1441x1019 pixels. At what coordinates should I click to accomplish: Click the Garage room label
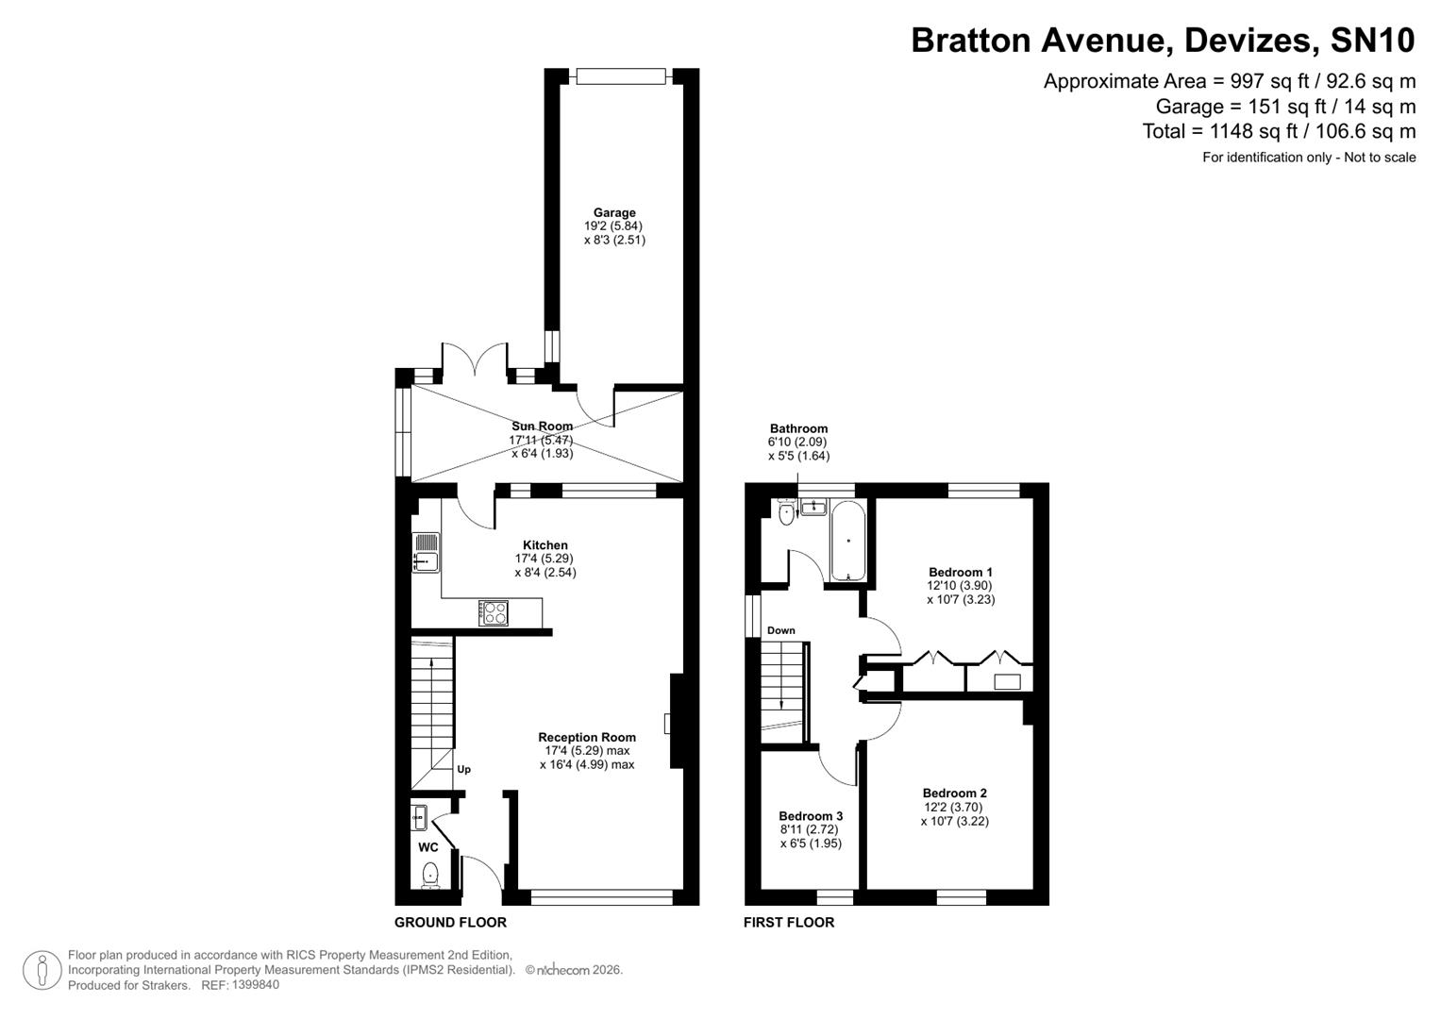(614, 213)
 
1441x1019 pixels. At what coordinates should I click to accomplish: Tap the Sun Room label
(542, 426)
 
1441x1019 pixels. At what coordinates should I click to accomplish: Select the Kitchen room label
(545, 545)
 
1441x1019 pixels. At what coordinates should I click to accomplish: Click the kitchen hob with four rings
(494, 612)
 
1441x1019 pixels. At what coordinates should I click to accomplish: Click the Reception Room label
(587, 738)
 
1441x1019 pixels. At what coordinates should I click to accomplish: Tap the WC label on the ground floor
(428, 847)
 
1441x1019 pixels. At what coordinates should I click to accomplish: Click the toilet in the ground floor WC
(430, 875)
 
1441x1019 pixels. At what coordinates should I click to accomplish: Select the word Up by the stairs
(463, 770)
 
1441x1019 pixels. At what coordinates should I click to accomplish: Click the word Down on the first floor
(780, 630)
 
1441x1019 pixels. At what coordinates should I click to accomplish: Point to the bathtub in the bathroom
(847, 541)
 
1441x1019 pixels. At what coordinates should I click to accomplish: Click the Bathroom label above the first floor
(798, 428)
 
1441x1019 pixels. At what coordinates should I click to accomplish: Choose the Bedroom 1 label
(961, 572)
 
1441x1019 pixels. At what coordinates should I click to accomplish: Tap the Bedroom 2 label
(955, 793)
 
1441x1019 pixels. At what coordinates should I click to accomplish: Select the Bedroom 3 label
(811, 816)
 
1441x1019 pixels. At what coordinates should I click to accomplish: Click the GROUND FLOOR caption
(450, 923)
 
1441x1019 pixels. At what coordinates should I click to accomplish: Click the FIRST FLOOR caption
(789, 923)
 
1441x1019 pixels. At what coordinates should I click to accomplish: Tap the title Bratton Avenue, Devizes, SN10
(1163, 41)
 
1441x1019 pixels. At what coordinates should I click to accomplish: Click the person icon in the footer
(42, 970)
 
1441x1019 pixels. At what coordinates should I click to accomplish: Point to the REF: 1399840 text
(241, 985)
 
